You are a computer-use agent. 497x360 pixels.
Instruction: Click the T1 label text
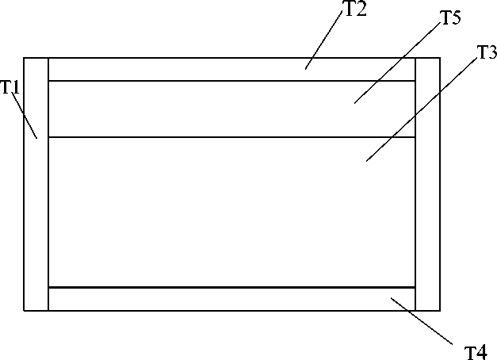[10, 87]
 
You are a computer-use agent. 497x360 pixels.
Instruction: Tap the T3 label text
[486, 53]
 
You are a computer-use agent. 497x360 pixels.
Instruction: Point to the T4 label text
[475, 349]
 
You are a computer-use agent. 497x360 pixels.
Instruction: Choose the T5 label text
[450, 20]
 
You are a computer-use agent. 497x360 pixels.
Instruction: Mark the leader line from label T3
[420, 109]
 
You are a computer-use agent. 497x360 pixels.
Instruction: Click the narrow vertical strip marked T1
[36, 222]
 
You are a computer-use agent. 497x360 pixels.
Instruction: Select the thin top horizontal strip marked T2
[198, 69]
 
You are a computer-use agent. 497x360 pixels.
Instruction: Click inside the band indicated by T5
[198, 109]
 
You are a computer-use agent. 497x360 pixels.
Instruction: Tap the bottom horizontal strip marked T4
[198, 299]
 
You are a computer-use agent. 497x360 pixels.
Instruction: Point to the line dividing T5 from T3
[198, 137]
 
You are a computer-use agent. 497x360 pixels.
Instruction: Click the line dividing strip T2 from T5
[198, 81]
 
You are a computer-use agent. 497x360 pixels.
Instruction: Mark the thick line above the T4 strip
[198, 287]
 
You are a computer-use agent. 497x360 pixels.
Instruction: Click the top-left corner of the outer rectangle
[25, 58]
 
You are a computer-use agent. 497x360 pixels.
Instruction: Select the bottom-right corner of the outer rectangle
[439, 310]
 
